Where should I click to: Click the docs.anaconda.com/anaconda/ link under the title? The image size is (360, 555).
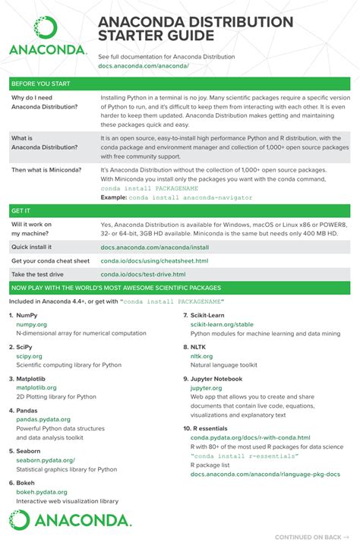tap(143, 66)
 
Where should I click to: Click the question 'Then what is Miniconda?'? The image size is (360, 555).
tap(46, 170)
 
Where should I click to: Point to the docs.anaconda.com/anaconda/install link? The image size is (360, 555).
tap(154, 247)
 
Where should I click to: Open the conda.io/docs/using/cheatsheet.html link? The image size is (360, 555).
tap(154, 260)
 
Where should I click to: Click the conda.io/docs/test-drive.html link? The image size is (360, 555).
tap(143, 274)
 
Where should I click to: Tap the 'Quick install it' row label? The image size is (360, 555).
tap(32, 247)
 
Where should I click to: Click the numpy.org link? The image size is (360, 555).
tap(31, 324)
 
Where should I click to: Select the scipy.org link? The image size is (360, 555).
tap(29, 355)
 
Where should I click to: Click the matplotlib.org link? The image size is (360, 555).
tap(36, 387)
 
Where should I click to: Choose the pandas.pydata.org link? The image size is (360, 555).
tap(43, 419)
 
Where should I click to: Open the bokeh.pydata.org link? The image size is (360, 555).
tap(42, 492)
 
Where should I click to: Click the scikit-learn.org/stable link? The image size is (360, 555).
tap(222, 324)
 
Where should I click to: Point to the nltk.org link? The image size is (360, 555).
tap(201, 355)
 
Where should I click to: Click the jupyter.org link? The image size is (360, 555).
tap(206, 387)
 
